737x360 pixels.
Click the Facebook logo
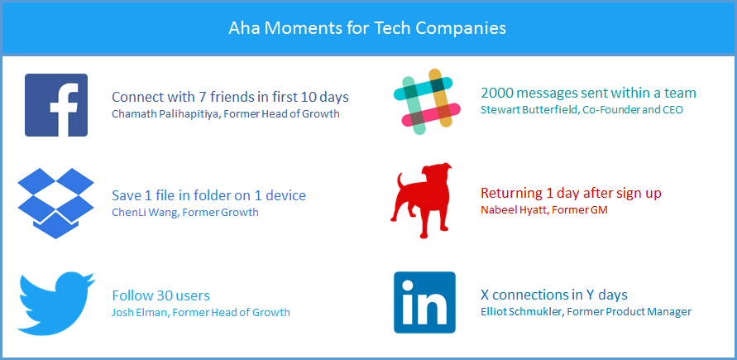56,105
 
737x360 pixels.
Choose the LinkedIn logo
424,302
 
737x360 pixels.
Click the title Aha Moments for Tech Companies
367,27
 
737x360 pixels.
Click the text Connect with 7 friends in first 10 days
230,96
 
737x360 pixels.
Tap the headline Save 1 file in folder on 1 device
208,195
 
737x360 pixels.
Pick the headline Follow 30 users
160,295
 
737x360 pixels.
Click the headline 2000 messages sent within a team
588,93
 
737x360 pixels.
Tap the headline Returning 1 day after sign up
571,193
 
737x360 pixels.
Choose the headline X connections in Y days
553,294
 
